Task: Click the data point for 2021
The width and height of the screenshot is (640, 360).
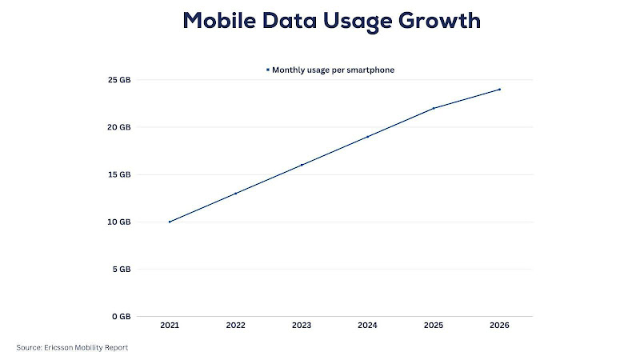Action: [x=170, y=222]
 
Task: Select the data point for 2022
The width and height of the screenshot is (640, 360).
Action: [x=236, y=193]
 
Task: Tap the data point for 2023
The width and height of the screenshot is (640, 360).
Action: [x=302, y=165]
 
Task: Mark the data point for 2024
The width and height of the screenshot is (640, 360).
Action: [x=368, y=136]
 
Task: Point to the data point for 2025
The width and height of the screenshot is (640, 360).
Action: [x=434, y=108]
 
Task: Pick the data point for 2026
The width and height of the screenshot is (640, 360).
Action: [x=500, y=89]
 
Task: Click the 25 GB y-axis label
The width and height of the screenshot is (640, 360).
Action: [x=118, y=80]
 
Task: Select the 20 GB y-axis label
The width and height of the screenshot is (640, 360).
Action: [x=118, y=127]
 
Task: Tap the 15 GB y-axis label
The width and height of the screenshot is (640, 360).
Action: [x=118, y=174]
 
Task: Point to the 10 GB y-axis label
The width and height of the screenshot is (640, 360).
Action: [x=118, y=222]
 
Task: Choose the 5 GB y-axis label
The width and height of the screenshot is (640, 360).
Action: [x=120, y=269]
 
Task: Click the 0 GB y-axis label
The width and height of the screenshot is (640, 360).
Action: [x=120, y=316]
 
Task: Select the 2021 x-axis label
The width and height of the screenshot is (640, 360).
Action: [x=170, y=326]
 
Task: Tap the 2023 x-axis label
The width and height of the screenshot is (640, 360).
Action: [x=302, y=326]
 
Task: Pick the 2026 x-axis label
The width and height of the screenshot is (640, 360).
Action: [x=500, y=326]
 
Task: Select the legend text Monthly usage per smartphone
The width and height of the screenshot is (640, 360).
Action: [x=333, y=70]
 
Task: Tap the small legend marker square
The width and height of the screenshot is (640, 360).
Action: [x=268, y=70]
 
